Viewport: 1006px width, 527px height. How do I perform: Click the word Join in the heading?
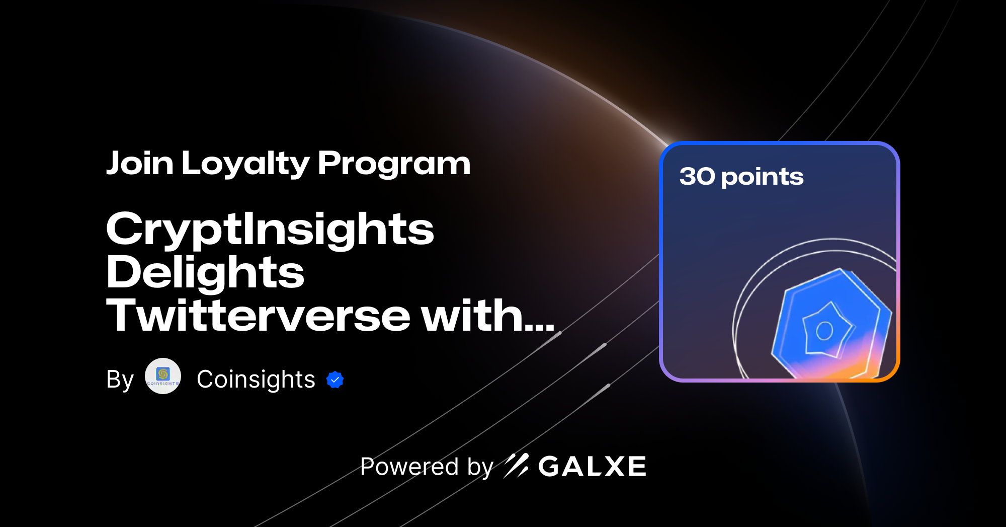click(x=140, y=164)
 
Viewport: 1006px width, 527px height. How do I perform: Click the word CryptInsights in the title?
click(x=270, y=230)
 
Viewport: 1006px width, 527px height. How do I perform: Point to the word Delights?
click(x=205, y=272)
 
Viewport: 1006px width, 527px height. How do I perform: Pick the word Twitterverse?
click(x=259, y=316)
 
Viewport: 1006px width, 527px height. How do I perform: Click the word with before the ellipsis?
click(x=471, y=316)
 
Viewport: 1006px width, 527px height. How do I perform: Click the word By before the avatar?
click(x=120, y=380)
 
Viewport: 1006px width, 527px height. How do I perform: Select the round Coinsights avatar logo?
click(x=163, y=376)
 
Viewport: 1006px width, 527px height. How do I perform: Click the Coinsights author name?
click(x=256, y=379)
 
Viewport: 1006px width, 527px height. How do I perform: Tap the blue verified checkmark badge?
click(x=335, y=380)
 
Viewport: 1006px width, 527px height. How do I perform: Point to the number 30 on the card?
click(x=697, y=176)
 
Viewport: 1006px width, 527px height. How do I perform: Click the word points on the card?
click(x=762, y=178)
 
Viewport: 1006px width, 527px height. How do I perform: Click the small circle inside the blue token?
click(x=824, y=331)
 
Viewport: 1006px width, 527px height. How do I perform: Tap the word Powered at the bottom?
click(x=409, y=467)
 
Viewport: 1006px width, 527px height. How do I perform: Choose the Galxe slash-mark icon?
click(x=516, y=466)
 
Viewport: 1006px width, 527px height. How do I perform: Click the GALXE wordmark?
click(x=592, y=467)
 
